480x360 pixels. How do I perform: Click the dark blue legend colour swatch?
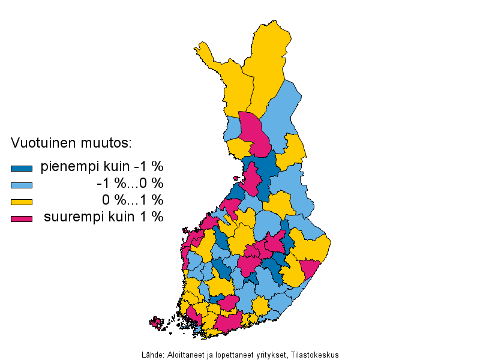(21, 169)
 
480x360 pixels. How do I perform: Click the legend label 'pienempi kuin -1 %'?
(102, 166)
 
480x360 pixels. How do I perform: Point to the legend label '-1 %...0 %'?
(130, 183)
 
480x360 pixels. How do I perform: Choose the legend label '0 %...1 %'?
(132, 200)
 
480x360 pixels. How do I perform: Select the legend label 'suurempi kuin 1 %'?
(103, 217)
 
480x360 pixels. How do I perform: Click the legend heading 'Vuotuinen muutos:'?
(71, 144)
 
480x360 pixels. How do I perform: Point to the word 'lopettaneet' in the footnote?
(231, 354)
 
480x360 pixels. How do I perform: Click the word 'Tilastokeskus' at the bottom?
(317, 354)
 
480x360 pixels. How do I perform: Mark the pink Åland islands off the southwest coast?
(157, 323)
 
